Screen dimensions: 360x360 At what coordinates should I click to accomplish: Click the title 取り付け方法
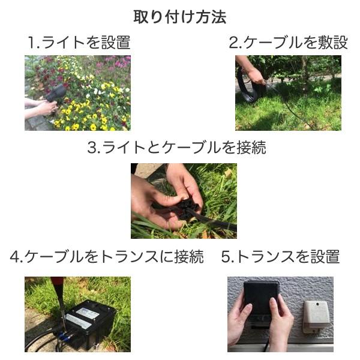[179, 16]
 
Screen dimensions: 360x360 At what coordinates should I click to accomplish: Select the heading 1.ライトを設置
[79, 43]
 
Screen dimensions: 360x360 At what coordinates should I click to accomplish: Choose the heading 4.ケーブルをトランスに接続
[107, 257]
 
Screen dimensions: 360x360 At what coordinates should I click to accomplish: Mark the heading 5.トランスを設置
[280, 257]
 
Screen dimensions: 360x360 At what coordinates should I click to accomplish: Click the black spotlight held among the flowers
[57, 93]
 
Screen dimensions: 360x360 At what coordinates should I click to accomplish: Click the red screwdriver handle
[58, 287]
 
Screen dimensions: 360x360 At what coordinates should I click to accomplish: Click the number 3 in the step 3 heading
[92, 148]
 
